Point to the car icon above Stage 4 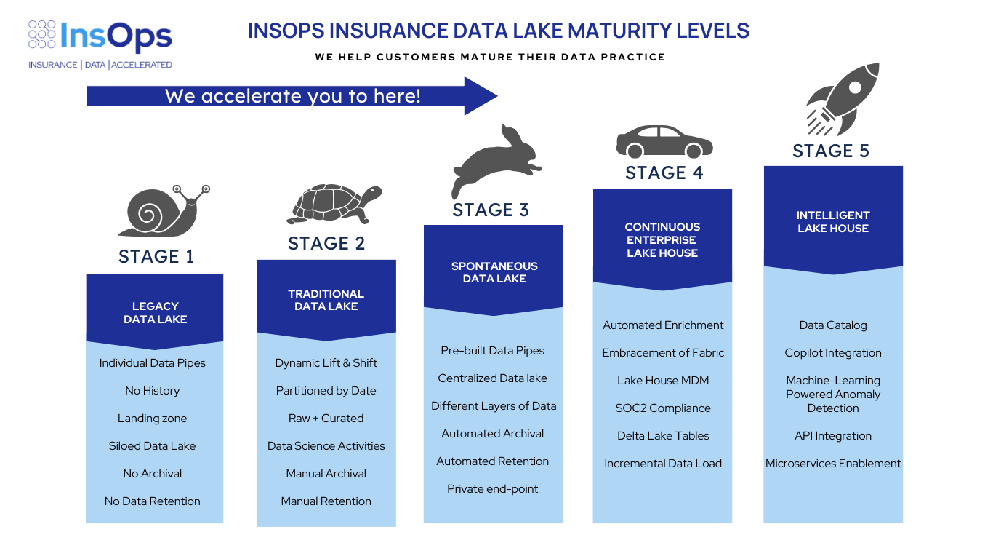[x=663, y=142]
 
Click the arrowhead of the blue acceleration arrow [x=481, y=96]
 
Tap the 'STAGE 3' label [x=491, y=210]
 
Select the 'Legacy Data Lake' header [x=155, y=312]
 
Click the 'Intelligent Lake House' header [x=832, y=221]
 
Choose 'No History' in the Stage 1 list [x=152, y=391]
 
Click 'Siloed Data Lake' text [x=152, y=446]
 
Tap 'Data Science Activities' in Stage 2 [x=326, y=446]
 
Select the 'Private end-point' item [x=492, y=489]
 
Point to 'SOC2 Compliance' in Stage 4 [x=663, y=408]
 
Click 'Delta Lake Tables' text [x=663, y=436]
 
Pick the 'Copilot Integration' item [x=833, y=353]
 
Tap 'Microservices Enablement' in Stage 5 [x=833, y=464]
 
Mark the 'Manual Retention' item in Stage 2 [x=326, y=501]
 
